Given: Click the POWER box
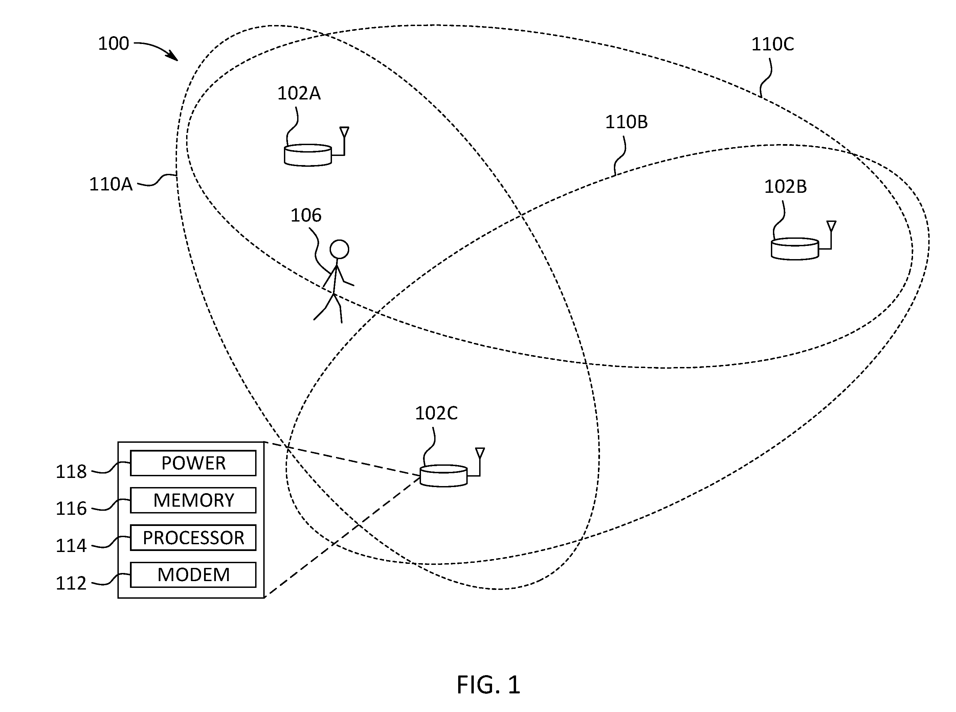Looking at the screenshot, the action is (193, 463).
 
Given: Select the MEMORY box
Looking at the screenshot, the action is (193, 500).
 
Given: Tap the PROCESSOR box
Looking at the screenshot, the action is (193, 537).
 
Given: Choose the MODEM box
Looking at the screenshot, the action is (193, 575).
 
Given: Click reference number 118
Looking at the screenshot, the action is (71, 472).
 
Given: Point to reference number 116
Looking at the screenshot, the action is (71, 509).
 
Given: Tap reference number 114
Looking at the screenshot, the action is (71, 546).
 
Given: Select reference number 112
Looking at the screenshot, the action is (71, 583).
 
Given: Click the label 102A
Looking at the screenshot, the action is (299, 93).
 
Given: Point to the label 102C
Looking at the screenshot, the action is (436, 413).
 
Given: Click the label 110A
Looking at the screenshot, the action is (111, 184).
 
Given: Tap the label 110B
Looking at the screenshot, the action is (626, 122).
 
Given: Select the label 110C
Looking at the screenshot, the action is (773, 44).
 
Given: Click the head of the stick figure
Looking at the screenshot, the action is (339, 249).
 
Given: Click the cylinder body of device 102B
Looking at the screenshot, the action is (795, 249).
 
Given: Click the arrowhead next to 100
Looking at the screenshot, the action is (173, 55).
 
